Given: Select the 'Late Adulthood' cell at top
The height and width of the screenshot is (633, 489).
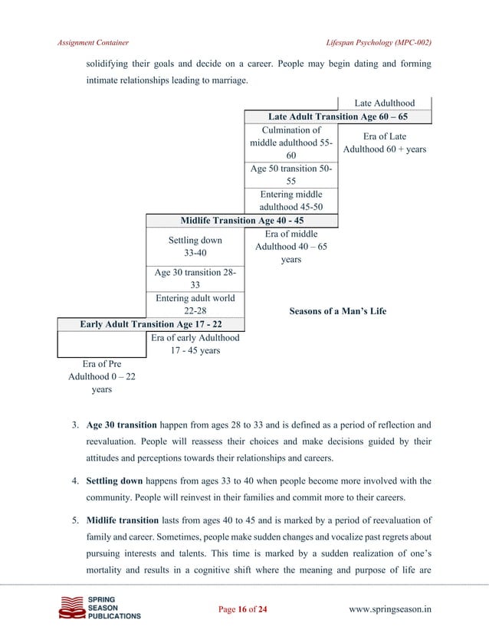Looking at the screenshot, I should (x=384, y=103).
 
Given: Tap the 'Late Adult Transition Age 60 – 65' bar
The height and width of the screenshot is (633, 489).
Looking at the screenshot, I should (x=337, y=117).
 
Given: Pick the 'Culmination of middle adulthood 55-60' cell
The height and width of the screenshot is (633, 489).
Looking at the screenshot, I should (x=290, y=143).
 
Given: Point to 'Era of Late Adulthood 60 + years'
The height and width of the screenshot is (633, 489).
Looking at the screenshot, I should (x=384, y=143).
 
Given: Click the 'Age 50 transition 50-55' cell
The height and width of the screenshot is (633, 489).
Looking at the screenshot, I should (x=290, y=175).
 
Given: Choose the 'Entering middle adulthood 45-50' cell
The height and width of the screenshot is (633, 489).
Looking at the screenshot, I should (x=290, y=201).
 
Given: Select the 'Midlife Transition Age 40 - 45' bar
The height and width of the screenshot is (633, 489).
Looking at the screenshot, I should (x=241, y=221).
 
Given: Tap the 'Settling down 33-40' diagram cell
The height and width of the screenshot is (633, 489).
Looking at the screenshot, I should (x=195, y=247).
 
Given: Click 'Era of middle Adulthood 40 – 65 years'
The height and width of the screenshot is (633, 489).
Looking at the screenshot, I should (x=290, y=247).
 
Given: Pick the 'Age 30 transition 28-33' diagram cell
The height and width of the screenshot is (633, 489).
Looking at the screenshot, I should (x=195, y=278).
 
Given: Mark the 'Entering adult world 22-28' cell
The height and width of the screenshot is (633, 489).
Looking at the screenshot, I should (x=195, y=304).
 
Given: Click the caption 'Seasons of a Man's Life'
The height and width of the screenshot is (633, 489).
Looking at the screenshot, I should (x=337, y=311).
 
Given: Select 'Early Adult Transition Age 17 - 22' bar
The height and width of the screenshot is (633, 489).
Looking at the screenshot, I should (x=151, y=323).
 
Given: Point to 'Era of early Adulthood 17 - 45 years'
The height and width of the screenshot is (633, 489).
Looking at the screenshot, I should (x=195, y=344).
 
